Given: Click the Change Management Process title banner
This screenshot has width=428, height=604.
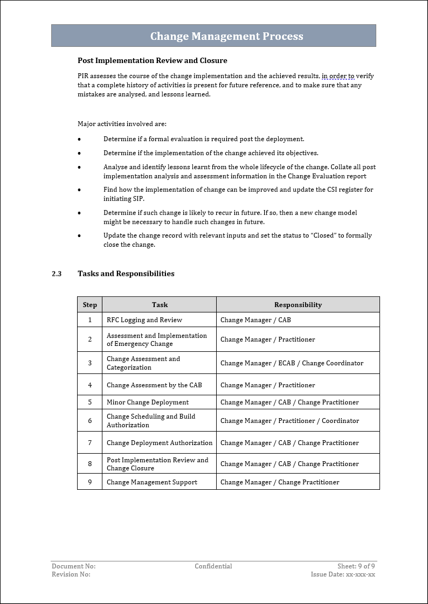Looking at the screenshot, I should (226, 36).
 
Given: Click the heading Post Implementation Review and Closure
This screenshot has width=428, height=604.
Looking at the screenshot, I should (152, 60).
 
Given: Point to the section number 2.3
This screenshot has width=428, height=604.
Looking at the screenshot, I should (57, 274).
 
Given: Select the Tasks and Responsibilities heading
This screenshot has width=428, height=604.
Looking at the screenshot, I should (126, 274).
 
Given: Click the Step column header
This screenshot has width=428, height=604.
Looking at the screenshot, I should (89, 305).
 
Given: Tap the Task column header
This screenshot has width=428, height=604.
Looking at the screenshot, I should (160, 305).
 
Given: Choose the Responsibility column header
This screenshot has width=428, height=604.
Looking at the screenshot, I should (298, 305).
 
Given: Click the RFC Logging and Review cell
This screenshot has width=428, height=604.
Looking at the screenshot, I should (144, 320).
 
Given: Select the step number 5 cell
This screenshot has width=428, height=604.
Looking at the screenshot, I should (89, 402).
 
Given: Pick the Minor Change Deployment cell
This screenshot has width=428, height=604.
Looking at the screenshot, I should (148, 402).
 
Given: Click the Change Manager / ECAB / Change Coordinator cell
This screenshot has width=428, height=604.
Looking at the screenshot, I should (292, 363).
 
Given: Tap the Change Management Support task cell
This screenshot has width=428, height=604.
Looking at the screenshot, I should (152, 482).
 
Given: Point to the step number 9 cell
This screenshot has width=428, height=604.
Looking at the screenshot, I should (89, 482).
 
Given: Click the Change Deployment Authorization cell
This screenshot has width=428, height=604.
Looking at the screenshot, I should (160, 443).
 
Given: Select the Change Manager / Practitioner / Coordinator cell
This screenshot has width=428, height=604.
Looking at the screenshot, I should (289, 421).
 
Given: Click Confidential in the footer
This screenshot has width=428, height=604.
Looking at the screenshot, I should (213, 566).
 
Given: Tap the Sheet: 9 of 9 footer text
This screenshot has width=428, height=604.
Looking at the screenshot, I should (356, 566).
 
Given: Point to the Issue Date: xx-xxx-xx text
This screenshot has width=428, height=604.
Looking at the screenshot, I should (343, 574).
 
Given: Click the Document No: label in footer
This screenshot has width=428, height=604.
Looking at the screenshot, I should (73, 566).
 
